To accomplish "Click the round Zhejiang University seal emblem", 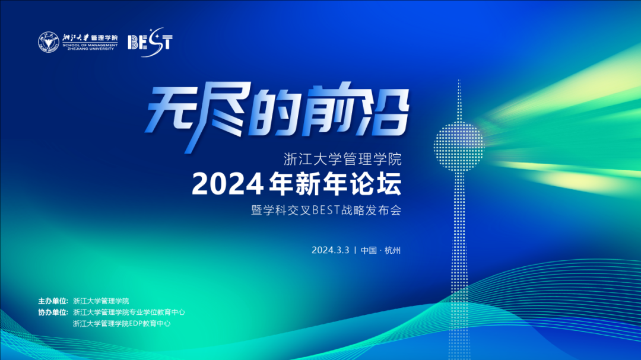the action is click(x=49, y=42).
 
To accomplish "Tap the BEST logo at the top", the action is click(x=150, y=42).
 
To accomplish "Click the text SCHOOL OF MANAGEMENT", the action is click(x=90, y=45).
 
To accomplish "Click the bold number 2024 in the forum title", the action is click(x=227, y=184).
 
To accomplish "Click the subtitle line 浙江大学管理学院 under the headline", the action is click(x=342, y=159).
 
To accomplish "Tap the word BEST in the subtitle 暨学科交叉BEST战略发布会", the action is click(x=326, y=210).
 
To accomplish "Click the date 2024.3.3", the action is click(x=331, y=250).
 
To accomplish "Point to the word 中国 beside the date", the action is click(x=369, y=250).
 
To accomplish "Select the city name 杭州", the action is click(x=393, y=250).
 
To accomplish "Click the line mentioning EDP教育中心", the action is click(x=122, y=324).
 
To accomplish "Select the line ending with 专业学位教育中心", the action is click(x=129, y=312).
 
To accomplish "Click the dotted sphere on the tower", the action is click(x=459, y=146).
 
